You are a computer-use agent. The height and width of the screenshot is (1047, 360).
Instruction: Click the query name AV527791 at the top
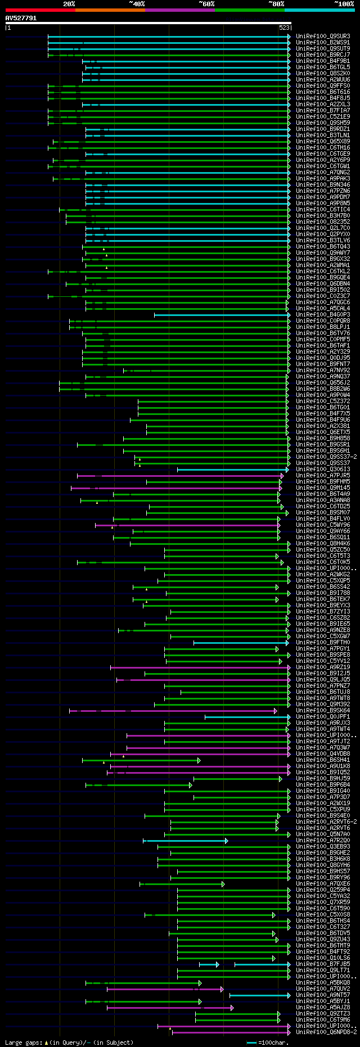(21, 18)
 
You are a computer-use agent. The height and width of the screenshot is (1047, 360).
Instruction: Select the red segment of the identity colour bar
(40, 10)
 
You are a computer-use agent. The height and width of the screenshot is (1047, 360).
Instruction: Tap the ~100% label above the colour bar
(344, 4)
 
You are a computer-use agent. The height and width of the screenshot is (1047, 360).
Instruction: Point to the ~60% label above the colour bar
(206, 4)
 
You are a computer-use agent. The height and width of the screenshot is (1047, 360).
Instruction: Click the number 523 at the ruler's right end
(284, 27)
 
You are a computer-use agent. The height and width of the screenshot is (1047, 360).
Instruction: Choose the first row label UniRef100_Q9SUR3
(323, 37)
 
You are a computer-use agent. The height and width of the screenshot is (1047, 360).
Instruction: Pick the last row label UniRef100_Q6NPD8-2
(326, 1032)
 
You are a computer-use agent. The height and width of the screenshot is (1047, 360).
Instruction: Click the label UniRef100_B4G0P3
(323, 315)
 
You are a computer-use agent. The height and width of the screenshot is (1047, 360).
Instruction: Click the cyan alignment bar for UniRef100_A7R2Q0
(186, 841)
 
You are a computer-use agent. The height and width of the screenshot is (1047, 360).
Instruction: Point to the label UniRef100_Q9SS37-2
(326, 457)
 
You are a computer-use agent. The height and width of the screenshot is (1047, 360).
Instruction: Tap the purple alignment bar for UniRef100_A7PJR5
(180, 476)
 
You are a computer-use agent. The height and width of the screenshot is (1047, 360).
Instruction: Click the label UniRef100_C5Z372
(323, 401)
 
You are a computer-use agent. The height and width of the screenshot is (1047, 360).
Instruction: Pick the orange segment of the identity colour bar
(110, 10)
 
